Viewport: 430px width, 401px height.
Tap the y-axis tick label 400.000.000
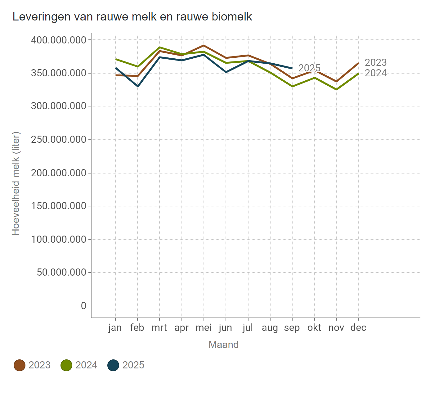(58, 40)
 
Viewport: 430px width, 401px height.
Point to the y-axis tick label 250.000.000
(58, 140)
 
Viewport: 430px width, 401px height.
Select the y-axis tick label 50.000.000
(61, 273)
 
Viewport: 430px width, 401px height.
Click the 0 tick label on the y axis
(83, 306)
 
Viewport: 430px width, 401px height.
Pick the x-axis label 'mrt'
(159, 328)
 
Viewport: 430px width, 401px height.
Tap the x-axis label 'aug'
(270, 328)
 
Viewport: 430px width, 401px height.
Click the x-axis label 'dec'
(358, 328)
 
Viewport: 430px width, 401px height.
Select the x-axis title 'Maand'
(223, 345)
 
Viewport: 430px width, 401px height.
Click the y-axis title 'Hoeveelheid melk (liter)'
(16, 183)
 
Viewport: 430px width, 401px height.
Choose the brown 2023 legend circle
(20, 365)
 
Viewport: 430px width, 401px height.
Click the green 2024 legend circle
(66, 365)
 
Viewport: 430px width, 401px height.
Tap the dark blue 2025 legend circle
(113, 365)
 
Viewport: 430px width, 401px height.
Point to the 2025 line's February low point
(138, 86)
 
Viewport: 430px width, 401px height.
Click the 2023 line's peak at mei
(204, 46)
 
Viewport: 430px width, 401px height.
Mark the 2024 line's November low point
(337, 89)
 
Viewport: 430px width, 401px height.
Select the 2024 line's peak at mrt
(159, 47)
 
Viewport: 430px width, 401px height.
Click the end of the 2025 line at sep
(292, 68)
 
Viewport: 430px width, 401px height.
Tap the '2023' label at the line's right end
(375, 63)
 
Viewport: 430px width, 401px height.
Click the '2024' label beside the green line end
(375, 73)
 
